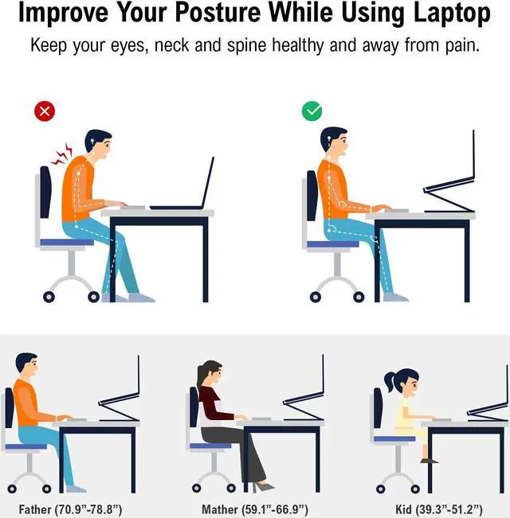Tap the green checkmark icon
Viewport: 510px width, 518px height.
point(312,111)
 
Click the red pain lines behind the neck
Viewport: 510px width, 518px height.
point(61,154)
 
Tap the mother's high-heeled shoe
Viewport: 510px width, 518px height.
point(263,486)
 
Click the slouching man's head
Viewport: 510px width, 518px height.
point(98,143)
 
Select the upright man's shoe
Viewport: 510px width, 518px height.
point(395,297)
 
